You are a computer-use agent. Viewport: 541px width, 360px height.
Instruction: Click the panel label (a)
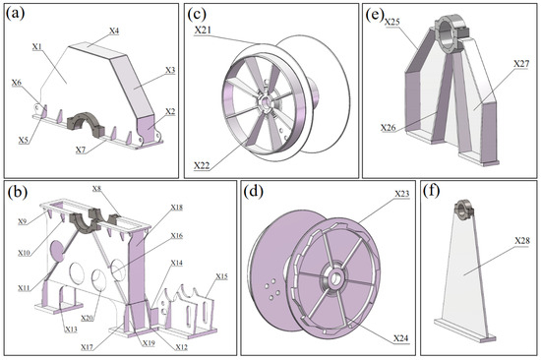(15, 14)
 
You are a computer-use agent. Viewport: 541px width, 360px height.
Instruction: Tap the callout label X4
(114, 30)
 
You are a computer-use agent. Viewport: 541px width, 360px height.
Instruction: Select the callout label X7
(81, 150)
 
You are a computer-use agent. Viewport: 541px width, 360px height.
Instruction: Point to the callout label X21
(203, 30)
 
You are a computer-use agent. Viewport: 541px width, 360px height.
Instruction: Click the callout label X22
(202, 165)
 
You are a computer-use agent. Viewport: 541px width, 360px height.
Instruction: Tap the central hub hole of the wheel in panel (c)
(266, 102)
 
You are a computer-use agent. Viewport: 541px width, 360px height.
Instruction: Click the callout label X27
(521, 64)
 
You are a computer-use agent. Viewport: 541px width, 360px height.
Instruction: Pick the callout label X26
(389, 127)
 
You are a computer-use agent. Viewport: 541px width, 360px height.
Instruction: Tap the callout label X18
(177, 208)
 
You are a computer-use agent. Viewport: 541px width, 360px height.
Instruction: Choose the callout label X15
(222, 276)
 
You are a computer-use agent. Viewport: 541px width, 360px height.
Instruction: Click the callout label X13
(71, 329)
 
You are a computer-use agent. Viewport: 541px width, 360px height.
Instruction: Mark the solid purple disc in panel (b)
(57, 250)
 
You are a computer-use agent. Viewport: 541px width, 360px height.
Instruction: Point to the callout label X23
(402, 194)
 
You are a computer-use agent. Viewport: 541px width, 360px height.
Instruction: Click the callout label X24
(401, 338)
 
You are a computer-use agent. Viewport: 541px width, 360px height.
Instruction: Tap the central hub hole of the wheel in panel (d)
(334, 279)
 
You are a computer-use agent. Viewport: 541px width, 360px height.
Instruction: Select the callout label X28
(522, 241)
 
